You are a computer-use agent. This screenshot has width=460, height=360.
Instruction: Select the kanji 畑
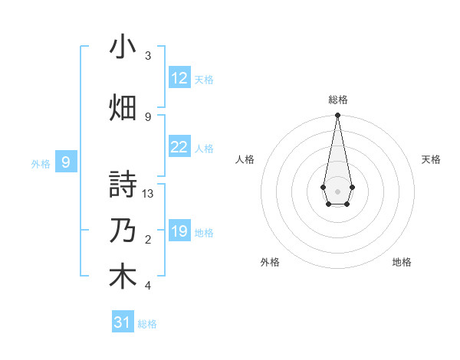[123, 106]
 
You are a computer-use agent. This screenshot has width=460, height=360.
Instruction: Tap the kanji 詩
[123, 185]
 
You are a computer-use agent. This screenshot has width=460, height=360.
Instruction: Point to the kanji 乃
[123, 231]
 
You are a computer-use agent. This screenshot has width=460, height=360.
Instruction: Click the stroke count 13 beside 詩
[149, 194]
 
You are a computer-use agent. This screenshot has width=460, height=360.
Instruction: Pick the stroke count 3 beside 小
[148, 56]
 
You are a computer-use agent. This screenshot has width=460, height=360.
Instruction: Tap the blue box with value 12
[179, 78]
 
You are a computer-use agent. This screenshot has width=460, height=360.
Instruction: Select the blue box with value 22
[179, 147]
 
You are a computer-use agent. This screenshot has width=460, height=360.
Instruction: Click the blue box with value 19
[179, 231]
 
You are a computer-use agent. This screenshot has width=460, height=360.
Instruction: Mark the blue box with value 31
[123, 322]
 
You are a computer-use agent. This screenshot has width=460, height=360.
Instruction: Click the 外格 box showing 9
[66, 162]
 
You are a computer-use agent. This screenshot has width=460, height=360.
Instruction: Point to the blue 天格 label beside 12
[204, 79]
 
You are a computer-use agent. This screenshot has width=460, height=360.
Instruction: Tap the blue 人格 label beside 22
[204, 148]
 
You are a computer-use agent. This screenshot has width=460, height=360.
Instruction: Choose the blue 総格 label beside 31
[147, 324]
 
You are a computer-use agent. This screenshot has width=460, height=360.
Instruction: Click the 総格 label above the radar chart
[337, 100]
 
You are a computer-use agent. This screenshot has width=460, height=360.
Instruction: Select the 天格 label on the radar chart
[431, 159]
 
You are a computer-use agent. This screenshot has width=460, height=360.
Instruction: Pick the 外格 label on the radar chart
[270, 262]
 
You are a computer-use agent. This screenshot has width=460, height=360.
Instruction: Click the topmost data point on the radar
[337, 116]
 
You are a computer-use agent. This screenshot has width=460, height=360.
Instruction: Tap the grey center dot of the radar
[337, 190]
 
